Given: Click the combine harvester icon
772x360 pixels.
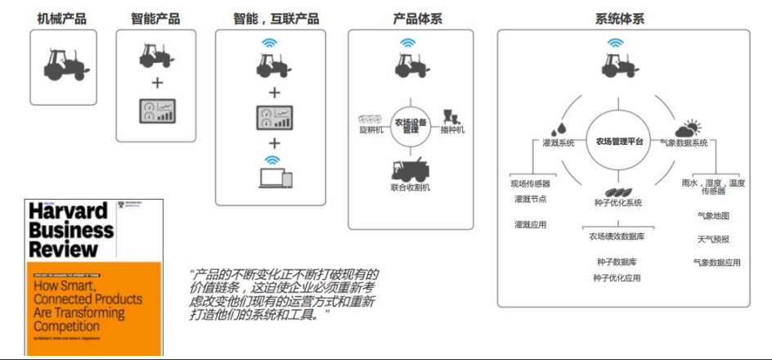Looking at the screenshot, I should point(411,168).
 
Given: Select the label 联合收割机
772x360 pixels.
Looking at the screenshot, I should point(411,188).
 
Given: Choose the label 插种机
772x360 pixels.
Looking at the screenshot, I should point(451,129).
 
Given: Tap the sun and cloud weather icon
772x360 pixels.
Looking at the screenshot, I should point(688,128).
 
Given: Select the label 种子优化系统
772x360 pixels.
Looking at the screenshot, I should point(618,202).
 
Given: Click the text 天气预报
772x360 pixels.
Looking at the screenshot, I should point(713,239).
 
